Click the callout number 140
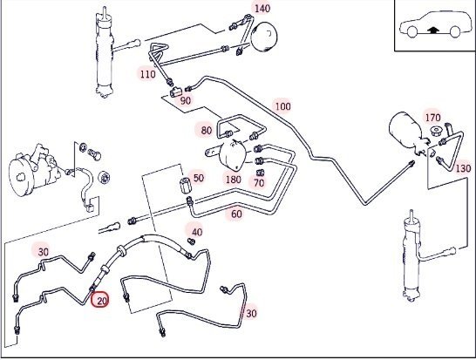262,8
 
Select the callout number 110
147,74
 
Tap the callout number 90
186,100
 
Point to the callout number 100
283,106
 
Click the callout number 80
207,131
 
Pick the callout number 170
432,118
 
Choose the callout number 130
463,168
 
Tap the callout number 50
199,178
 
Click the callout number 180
233,180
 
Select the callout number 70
259,183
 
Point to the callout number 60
236,214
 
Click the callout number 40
197,233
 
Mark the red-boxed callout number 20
101,300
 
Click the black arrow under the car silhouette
433,30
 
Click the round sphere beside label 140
265,36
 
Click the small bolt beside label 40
191,241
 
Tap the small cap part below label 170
436,132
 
